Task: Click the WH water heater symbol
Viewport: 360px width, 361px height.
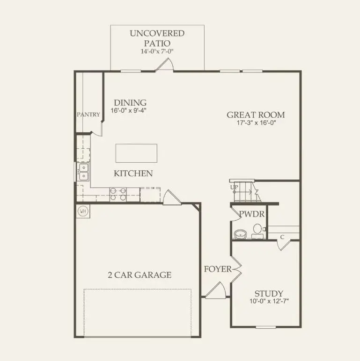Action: [x=83, y=211]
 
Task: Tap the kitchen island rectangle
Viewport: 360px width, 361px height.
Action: [x=136, y=153]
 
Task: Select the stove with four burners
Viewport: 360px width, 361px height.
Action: [x=118, y=194]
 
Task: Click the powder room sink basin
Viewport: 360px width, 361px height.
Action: [x=240, y=233]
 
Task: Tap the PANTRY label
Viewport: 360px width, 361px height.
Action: [x=88, y=114]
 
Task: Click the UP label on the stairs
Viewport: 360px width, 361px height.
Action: [x=235, y=188]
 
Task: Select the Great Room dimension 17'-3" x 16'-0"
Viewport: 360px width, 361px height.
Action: [x=256, y=123]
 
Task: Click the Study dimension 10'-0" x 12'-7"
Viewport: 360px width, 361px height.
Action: [x=269, y=302]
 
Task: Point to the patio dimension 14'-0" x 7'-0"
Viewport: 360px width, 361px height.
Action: [x=157, y=51]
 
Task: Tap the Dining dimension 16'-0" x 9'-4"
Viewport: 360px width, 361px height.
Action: [x=128, y=111]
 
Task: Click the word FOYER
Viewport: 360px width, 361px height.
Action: [x=217, y=269]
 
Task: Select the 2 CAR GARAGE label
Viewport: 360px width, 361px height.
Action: [x=140, y=275]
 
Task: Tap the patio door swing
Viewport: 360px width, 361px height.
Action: [x=165, y=65]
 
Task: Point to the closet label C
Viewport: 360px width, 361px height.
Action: [x=282, y=237]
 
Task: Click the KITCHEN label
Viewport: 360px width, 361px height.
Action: [x=133, y=173]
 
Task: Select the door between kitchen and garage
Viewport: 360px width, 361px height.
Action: [x=170, y=198]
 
